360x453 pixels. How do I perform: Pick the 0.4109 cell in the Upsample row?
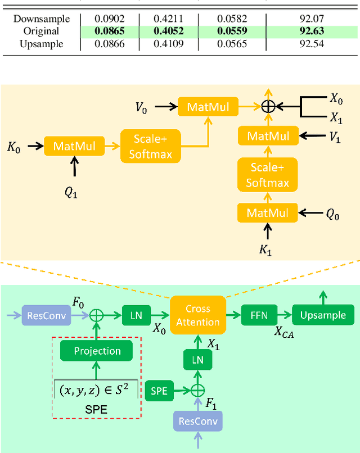[170, 43]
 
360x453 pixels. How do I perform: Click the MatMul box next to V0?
[208, 107]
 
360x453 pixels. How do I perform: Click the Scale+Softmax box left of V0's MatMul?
[149, 146]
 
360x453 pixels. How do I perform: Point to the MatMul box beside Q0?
[268, 213]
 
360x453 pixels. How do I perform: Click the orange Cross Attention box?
[197, 315]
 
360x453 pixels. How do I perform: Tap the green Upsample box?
[323, 315]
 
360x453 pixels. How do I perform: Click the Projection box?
[97, 351]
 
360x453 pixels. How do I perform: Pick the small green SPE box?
[159, 391]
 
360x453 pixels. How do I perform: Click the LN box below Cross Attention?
[197, 360]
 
